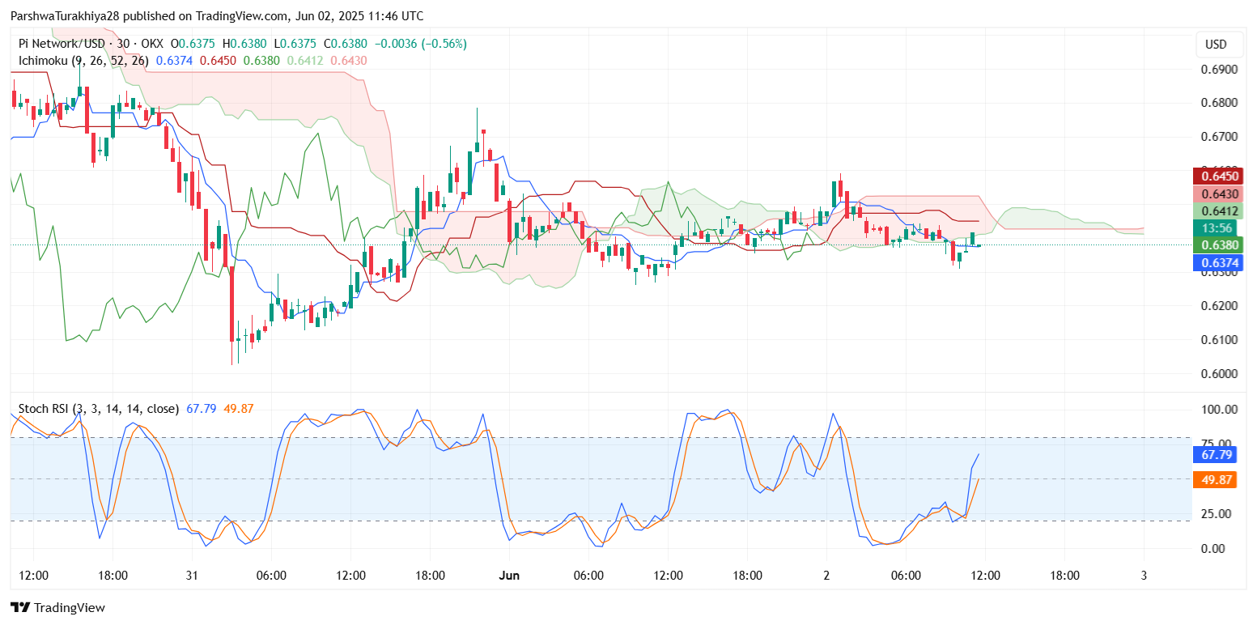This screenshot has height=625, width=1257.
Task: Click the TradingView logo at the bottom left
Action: click(57, 607)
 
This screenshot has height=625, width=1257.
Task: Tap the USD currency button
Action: click(1216, 45)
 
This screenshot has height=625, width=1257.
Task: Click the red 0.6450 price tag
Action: click(1221, 176)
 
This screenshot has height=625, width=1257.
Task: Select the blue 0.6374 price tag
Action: click(1221, 262)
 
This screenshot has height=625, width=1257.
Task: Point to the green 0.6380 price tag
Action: click(1221, 245)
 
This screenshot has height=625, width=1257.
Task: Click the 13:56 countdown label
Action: click(1221, 228)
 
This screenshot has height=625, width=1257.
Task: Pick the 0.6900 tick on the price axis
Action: click(1221, 70)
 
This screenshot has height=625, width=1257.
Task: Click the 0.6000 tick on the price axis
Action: click(1221, 374)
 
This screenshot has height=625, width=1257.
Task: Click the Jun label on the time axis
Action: click(509, 576)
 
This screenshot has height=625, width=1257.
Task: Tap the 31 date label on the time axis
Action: click(192, 576)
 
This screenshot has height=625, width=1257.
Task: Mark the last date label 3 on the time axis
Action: click(1143, 576)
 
